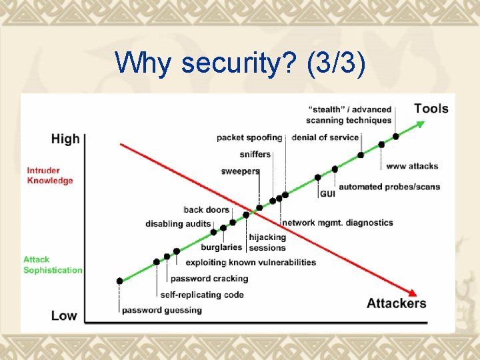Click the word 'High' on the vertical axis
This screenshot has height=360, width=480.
tap(65, 139)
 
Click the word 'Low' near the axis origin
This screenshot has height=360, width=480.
tap(64, 315)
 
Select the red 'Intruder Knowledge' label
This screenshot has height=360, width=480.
tap(50, 175)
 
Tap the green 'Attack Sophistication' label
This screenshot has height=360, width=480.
tap(53, 265)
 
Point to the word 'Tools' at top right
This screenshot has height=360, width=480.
tap(431, 108)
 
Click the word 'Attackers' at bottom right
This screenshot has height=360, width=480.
tap(396, 303)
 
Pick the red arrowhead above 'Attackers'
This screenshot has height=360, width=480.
tap(413, 292)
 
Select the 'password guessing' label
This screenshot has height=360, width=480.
tap(161, 310)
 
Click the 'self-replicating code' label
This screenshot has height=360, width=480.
tap(202, 295)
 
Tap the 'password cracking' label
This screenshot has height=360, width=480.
tap(200, 279)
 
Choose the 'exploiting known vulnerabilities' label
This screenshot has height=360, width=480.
tap(251, 263)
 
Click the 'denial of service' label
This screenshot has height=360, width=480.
tap(325, 137)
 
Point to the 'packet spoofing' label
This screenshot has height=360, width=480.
tap(249, 137)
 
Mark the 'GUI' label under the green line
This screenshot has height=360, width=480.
tap(327, 194)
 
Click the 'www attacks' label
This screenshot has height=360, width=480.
tap(412, 165)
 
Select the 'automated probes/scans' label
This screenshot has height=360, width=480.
tap(389, 187)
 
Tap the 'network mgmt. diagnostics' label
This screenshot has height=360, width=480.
tap(337, 223)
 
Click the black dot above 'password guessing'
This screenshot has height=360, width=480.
tap(120, 281)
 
